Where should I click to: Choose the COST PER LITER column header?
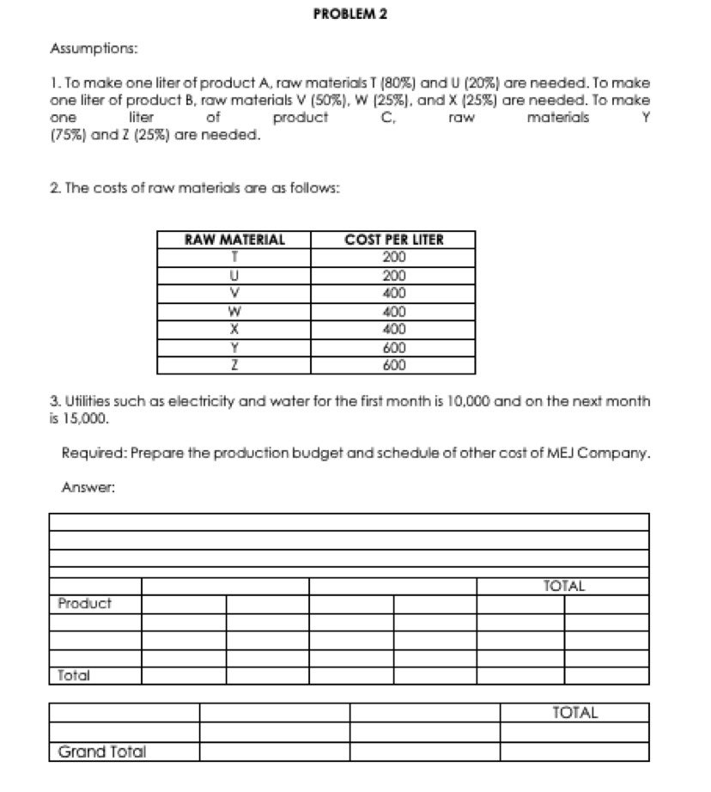pyautogui.click(x=394, y=240)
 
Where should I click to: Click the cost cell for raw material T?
pyautogui.click(x=394, y=257)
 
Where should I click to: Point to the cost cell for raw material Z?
pyautogui.click(x=394, y=365)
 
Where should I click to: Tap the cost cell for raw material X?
pyautogui.click(x=394, y=329)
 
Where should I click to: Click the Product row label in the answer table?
pyautogui.click(x=85, y=604)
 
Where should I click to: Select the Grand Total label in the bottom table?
pyautogui.click(x=102, y=752)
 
